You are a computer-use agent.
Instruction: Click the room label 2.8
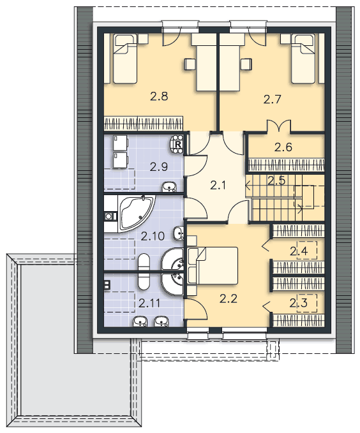pyautogui.click(x=159, y=96)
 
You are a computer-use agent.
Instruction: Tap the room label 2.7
pyautogui.click(x=272, y=99)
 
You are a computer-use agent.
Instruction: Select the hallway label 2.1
pyautogui.click(x=218, y=186)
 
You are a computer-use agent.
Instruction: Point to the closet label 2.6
pyautogui.click(x=283, y=147)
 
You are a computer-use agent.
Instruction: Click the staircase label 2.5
pyautogui.click(x=276, y=180)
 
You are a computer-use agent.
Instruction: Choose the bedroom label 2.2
pyautogui.click(x=229, y=298)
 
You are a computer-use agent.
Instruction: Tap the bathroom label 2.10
pyautogui.click(x=153, y=236)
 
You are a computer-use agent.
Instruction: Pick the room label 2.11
pyautogui.click(x=149, y=303)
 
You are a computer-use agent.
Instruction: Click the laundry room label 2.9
pyautogui.click(x=159, y=167)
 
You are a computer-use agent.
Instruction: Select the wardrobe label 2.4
pyautogui.click(x=299, y=251)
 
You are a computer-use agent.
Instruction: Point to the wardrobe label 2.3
pyautogui.click(x=298, y=303)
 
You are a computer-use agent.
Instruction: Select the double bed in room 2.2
pyautogui.click(x=213, y=266)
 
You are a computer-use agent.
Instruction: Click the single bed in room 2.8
pyautogui.click(x=125, y=59)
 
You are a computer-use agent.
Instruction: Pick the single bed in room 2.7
pyautogui.click(x=303, y=59)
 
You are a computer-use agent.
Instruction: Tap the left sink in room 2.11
pyautogui.click(x=140, y=321)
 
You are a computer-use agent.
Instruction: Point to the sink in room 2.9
pyautogui.click(x=169, y=187)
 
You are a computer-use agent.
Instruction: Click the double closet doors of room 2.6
pyautogui.click(x=279, y=126)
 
